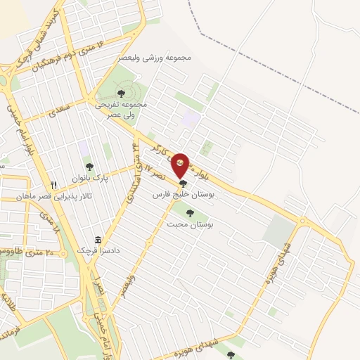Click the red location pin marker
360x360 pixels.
point(181,165)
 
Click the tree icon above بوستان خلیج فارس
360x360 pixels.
point(184,182)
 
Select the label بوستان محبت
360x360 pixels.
point(191,224)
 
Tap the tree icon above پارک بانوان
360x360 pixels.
point(89,167)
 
